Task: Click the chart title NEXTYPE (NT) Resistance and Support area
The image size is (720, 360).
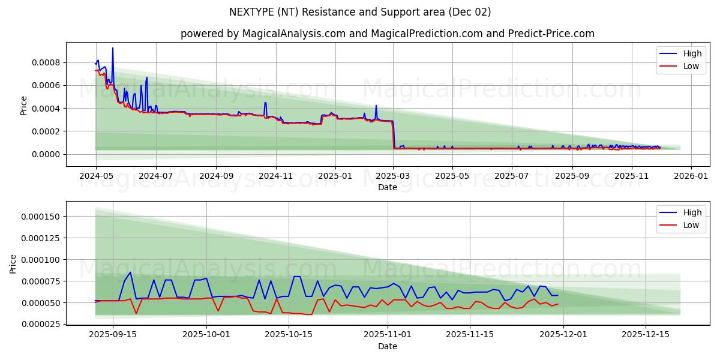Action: coord(360,12)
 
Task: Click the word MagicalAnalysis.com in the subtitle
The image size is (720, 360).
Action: coord(287,34)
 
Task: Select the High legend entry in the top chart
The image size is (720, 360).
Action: coord(692,53)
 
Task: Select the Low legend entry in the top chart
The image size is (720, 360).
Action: coord(691,66)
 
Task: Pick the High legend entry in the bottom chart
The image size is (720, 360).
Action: coord(692,212)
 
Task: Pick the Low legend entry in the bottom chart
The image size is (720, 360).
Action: coord(691,225)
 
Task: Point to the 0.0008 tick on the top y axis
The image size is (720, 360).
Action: coord(46,62)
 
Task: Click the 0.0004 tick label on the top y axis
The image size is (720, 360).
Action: coord(46,109)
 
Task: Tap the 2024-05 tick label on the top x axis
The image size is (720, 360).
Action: coord(96,176)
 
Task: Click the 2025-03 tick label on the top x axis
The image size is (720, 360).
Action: coord(393,176)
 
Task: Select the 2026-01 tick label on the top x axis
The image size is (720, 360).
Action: coord(691,176)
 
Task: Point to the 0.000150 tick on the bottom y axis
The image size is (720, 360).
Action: coord(40,217)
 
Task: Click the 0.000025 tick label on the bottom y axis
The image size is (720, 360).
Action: coord(40,325)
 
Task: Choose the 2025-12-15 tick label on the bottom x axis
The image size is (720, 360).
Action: coord(645,335)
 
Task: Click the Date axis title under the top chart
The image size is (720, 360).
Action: coord(387,187)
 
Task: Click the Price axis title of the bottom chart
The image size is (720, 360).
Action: coord(13,263)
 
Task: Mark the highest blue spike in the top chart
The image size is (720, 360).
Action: coord(112,48)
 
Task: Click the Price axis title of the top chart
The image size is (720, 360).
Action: coord(24,104)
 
